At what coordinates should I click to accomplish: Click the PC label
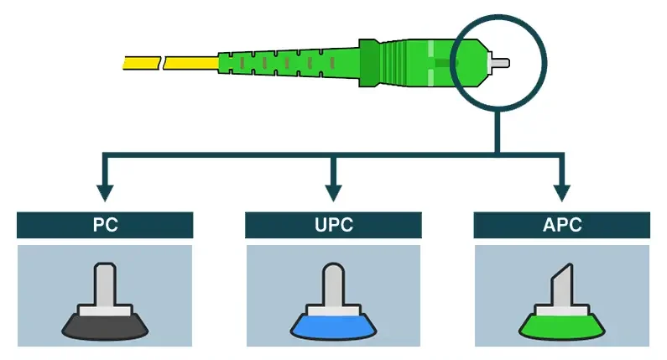point(105,225)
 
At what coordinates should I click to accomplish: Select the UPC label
point(333,225)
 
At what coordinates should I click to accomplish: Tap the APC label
point(561,225)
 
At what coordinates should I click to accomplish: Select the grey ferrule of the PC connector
point(105,285)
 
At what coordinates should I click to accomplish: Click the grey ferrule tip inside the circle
point(498,63)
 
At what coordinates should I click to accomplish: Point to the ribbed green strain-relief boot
point(285,62)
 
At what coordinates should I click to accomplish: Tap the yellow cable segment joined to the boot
point(190,62)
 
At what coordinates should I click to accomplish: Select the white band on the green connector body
point(435,62)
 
